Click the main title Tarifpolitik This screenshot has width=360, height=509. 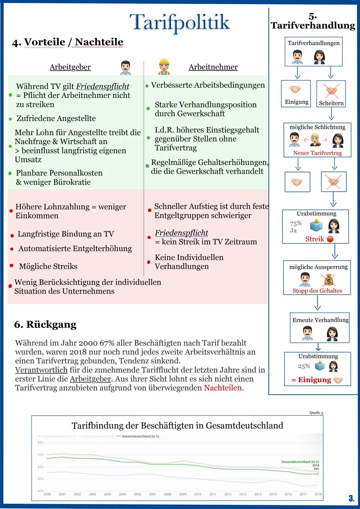pos(179,22)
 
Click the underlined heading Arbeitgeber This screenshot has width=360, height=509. pos(70,67)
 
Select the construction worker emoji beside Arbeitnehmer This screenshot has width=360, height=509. pos(164,67)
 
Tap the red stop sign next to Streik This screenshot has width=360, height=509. pos(330,239)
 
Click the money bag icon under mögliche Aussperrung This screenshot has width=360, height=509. pos(328,280)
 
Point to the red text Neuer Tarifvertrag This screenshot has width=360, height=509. pos(317,153)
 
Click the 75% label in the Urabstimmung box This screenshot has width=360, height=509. pos(296,223)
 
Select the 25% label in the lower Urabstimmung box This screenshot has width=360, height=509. pos(304,366)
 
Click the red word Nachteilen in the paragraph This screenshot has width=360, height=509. pos(223,388)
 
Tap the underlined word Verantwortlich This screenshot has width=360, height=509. pos(41,370)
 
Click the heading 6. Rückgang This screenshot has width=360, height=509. pos(45,324)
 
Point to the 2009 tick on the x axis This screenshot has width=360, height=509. pos(183,494)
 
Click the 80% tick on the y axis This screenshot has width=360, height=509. pos(40,443)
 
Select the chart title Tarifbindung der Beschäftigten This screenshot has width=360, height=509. pos(177,426)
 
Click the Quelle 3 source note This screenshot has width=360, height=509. pos(316,413)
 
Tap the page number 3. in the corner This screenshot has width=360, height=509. pos(351,499)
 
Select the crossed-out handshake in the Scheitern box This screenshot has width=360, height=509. pos(331,90)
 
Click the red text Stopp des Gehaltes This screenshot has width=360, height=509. pos(317,291)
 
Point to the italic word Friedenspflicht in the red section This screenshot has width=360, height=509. pos(181,233)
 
